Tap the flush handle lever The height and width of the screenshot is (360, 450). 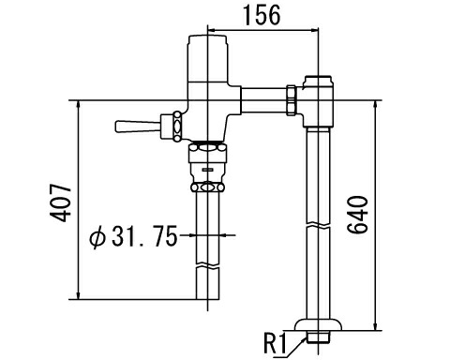134,124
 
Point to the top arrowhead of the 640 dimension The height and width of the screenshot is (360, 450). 377,99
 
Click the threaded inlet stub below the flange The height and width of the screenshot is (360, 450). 320,335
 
